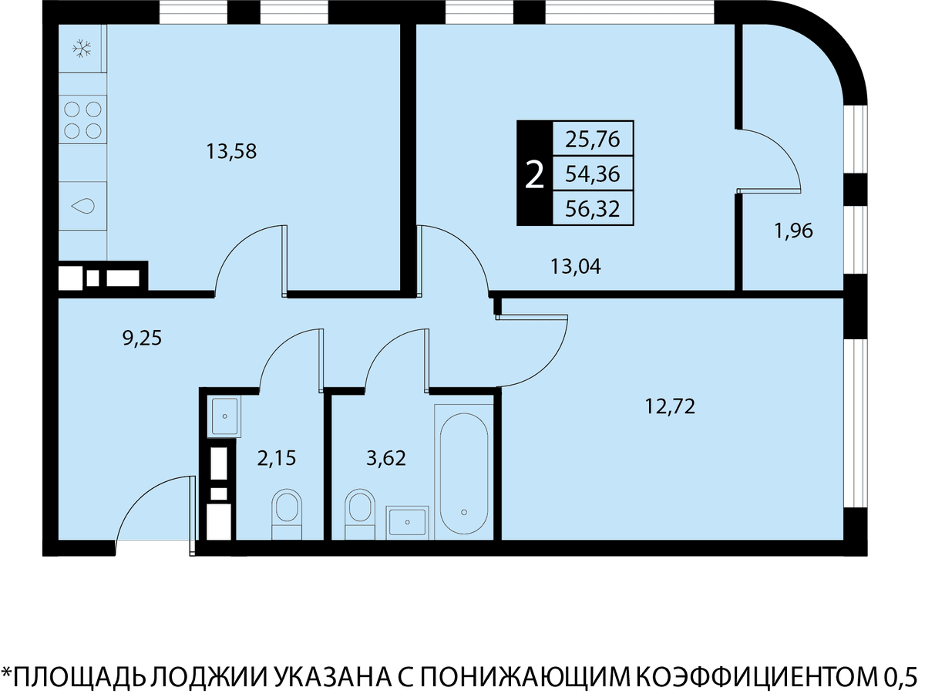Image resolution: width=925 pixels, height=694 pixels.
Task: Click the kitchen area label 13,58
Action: pos(231,151)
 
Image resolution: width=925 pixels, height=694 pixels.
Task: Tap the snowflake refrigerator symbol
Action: pos(82,49)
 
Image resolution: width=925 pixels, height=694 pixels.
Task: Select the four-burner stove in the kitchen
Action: pos(82,120)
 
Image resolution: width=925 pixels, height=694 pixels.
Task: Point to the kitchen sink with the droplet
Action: pos(82,206)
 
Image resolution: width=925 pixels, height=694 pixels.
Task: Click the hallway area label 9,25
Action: pos(142,338)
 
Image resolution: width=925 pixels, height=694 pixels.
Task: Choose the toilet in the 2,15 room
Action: pos(287,514)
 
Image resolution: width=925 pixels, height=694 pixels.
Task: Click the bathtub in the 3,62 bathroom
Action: pos(463,473)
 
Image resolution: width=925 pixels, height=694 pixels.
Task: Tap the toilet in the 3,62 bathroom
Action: pos(360,514)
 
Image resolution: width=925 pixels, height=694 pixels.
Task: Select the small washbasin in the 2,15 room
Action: pos(224,416)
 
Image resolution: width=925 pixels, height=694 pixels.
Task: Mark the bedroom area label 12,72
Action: pos(670,406)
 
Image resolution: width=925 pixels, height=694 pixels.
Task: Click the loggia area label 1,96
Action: pos(793,231)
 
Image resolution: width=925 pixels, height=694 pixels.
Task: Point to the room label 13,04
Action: pos(576,266)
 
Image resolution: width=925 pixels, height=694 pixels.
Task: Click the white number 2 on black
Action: pos(534,175)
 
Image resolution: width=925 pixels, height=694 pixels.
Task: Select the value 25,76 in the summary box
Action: pos(593,139)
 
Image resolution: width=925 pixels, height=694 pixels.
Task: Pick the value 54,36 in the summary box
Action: pos(593,173)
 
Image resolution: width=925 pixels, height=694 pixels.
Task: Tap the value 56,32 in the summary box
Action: pos(593,208)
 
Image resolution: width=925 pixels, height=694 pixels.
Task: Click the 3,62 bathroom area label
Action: pos(386,458)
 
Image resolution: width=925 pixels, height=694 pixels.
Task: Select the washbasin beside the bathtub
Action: pos(407,523)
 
